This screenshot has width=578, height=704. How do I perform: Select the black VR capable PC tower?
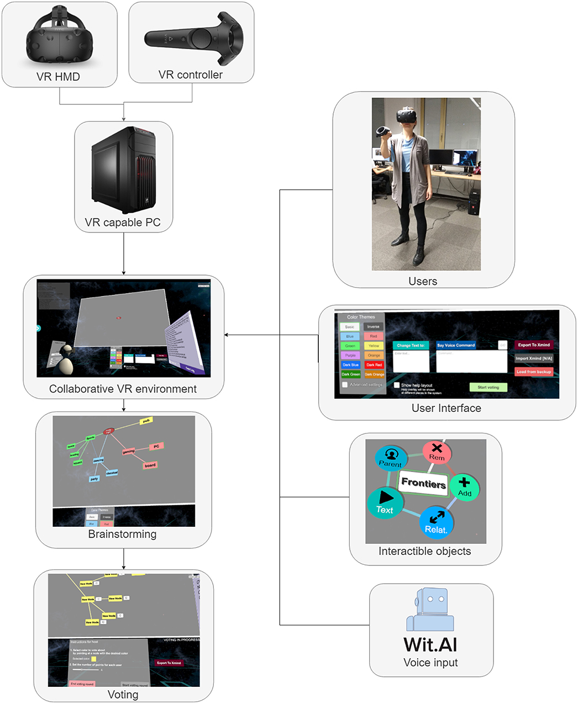pyautogui.click(x=124, y=170)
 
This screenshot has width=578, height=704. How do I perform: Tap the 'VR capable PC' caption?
pyautogui.click(x=123, y=223)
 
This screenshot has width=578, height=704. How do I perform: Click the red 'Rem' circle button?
pyautogui.click(x=437, y=452)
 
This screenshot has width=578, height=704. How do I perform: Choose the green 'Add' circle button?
pyautogui.click(x=464, y=487)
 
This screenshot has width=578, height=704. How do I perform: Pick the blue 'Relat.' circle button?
pyautogui.click(x=436, y=522)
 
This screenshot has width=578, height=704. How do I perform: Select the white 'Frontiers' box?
pyautogui.click(x=423, y=483)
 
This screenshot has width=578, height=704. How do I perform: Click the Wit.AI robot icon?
pyautogui.click(x=430, y=610)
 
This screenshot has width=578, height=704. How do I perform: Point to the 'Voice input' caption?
pyautogui.click(x=430, y=663)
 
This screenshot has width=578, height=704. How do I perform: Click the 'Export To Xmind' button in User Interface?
pyautogui.click(x=534, y=345)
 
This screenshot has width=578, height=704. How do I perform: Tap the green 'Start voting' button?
pyautogui.click(x=488, y=387)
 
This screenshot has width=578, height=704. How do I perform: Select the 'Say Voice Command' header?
pyautogui.click(x=456, y=345)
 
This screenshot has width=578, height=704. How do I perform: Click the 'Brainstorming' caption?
pyautogui.click(x=122, y=534)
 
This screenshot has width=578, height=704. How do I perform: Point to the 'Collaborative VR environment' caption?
pyautogui.click(x=123, y=389)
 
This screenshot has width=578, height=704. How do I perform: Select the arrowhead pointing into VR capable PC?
pyautogui.click(x=124, y=119)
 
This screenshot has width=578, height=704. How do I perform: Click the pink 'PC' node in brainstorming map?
pyautogui.click(x=156, y=446)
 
